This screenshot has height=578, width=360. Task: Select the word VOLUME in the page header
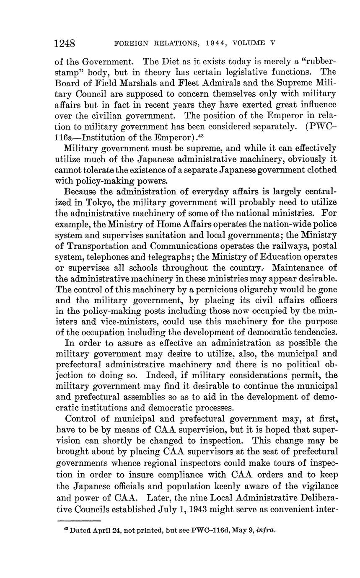point(250,43)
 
